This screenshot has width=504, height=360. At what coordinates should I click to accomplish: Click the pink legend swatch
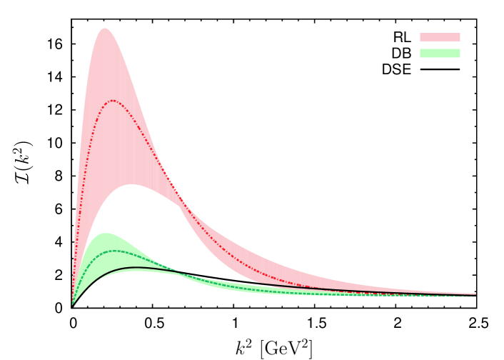[440, 37]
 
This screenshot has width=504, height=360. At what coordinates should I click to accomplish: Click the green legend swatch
[440, 53]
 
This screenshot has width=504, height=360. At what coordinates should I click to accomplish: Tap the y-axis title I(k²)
[24, 161]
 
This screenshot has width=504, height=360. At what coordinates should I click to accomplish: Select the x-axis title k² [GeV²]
[274, 348]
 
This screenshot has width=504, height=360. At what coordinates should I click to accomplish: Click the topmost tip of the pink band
[105, 28]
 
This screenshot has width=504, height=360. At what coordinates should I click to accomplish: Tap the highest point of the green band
[107, 233]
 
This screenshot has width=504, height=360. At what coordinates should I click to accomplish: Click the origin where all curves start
[71, 306]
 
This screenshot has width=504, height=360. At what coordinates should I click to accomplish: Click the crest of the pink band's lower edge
[131, 184]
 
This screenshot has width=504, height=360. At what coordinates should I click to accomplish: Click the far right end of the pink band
[475, 294]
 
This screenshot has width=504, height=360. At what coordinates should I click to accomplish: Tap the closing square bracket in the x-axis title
[310, 349]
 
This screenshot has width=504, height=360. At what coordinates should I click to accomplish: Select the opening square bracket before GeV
[263, 349]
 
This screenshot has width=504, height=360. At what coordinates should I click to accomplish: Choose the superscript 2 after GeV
[303, 344]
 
